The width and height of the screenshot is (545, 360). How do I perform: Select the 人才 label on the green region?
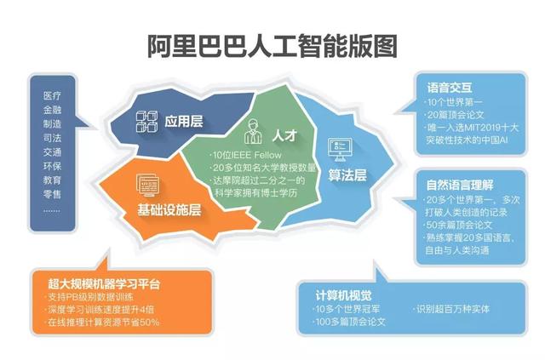283,136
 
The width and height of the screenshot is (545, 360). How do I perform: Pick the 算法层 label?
347,174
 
